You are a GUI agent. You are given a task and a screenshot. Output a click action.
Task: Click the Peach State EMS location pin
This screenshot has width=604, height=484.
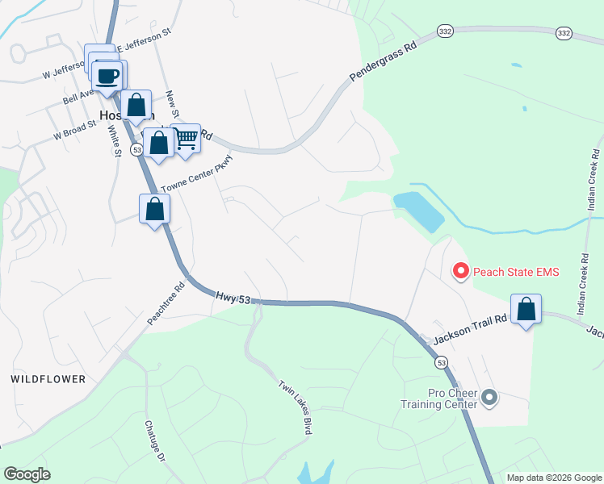pyautogui.click(x=460, y=271)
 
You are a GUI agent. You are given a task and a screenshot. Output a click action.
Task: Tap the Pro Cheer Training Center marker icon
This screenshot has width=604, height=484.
pyautogui.click(x=490, y=397)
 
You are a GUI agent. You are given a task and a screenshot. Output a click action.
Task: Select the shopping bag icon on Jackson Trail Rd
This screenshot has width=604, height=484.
pyautogui.click(x=526, y=309)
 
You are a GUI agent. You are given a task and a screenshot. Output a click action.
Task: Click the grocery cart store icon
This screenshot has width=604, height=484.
pyautogui.click(x=187, y=140)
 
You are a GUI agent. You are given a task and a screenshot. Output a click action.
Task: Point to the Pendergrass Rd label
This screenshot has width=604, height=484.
pyautogui.click(x=383, y=62)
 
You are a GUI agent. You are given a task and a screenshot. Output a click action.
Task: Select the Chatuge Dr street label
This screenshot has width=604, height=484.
pyautogui.click(x=155, y=440)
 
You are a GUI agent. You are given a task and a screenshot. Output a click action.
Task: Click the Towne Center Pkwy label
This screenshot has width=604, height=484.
pyautogui.click(x=196, y=180)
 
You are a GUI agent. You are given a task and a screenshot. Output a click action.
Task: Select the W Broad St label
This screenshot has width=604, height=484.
pyautogui.click(x=75, y=129)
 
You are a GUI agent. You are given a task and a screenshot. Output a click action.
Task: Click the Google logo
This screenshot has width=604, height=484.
pyautogui.click(x=27, y=474)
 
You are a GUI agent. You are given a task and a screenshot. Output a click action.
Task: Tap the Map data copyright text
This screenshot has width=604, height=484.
pyautogui.click(x=553, y=478)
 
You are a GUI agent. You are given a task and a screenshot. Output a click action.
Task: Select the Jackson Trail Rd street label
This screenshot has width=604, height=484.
pyautogui.click(x=470, y=331)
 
